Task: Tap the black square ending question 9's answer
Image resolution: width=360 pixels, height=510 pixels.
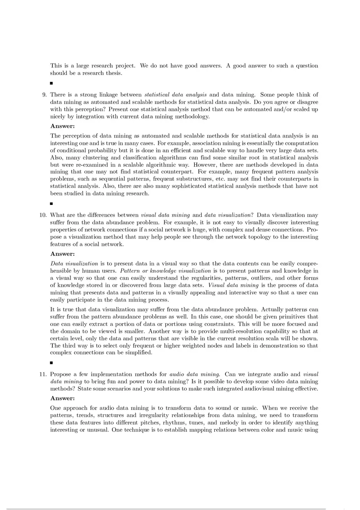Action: (x=52, y=203)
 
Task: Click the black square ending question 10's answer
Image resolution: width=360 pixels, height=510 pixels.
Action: (x=52, y=362)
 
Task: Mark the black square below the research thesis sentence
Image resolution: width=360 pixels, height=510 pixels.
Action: (x=52, y=83)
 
